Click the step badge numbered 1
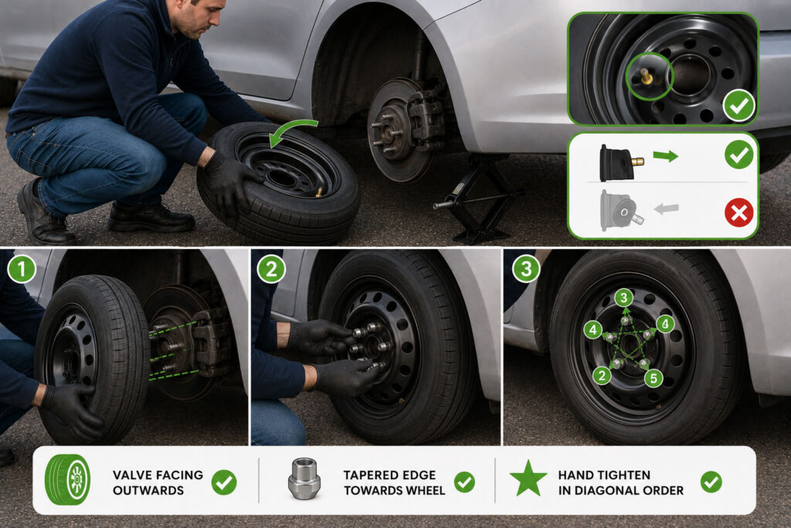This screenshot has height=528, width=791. coord(22,270)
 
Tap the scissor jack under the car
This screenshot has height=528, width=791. coord(477,199)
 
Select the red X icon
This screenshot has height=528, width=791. coord(739,213)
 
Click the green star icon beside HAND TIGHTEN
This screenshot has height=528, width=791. coord(528,478)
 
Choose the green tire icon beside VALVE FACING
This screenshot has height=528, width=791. coord(68,479)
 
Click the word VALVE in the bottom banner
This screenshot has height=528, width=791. coord(134,475)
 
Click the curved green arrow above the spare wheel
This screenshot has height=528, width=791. coord(291,130)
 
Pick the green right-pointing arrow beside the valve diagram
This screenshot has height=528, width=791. coord(665,156)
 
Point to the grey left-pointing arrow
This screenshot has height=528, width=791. coord(667,209)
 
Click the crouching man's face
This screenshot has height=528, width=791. coord(203,18)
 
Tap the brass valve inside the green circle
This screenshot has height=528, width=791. coord(647,78)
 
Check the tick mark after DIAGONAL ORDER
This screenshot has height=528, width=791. coord(711,482)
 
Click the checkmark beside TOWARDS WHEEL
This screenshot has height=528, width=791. coord(464,482)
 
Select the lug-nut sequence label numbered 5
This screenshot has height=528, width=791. coord(654,377)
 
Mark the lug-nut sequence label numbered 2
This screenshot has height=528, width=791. coord(601,376)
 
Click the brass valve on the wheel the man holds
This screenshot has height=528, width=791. coord(319,192)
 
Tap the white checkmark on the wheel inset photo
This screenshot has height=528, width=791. coord(739,106)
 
